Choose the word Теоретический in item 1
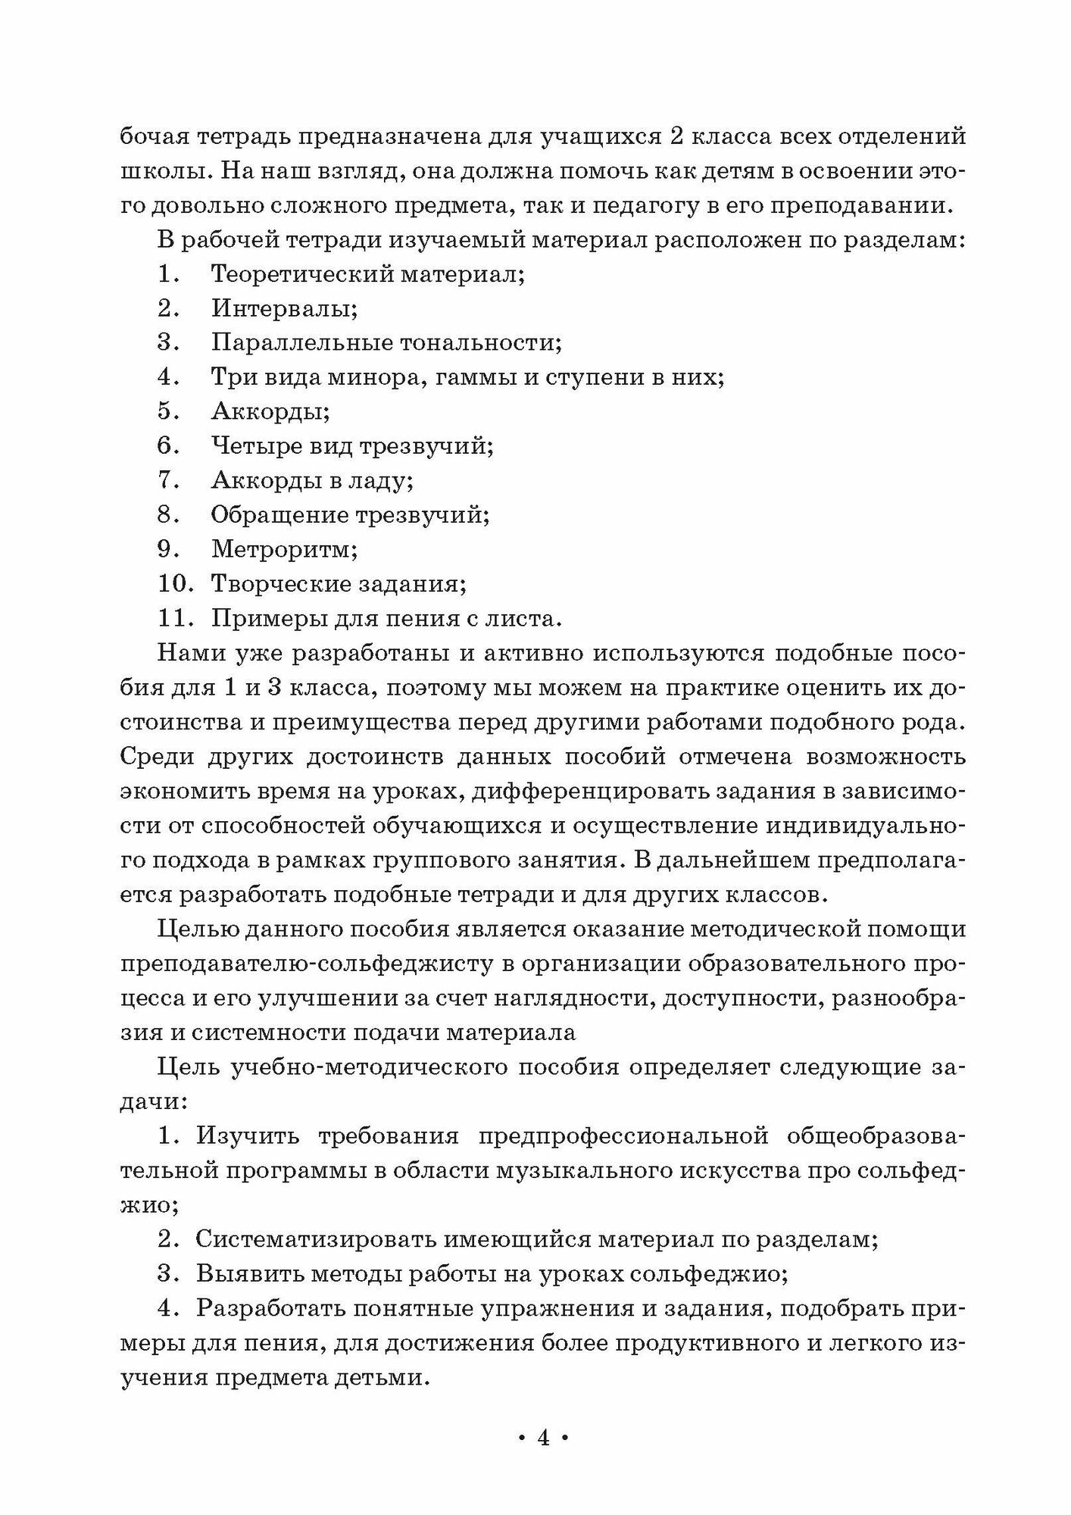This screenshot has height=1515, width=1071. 301,273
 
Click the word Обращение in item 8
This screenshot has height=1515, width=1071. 279,515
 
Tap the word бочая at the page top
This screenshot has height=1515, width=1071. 155,137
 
